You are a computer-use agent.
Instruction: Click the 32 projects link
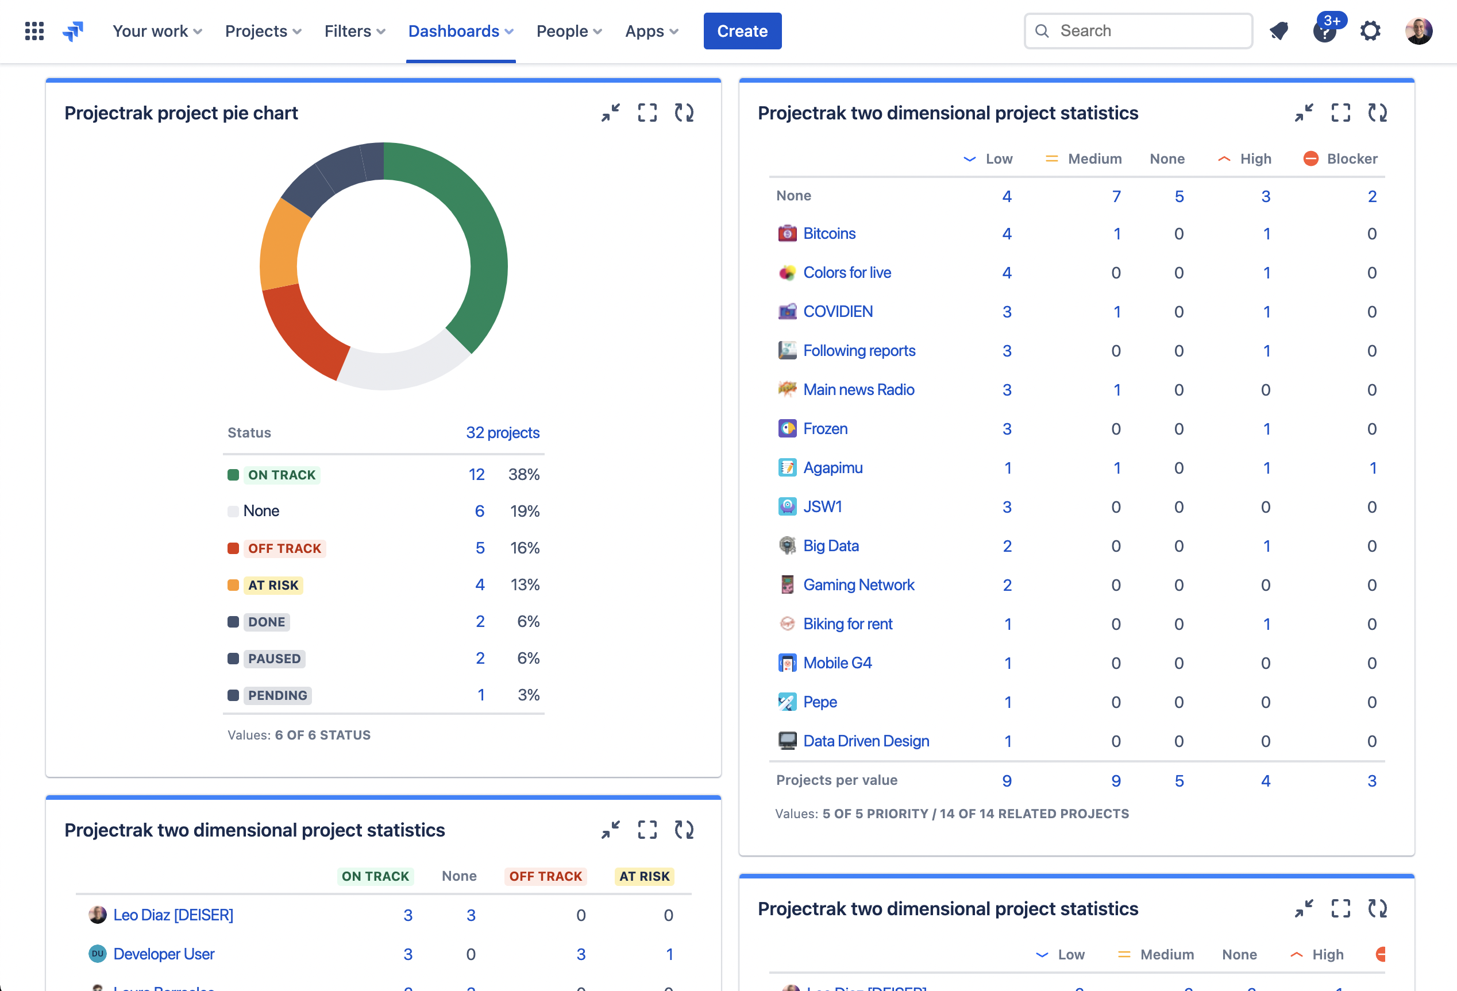pyautogui.click(x=502, y=433)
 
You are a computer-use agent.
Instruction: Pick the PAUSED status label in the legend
pyautogui.click(x=274, y=659)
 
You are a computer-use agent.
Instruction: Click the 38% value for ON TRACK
pyautogui.click(x=523, y=474)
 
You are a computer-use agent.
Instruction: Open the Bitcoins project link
pyautogui.click(x=829, y=234)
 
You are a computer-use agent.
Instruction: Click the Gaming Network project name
pyautogui.click(x=858, y=584)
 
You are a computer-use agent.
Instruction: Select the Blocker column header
pyautogui.click(x=1351, y=158)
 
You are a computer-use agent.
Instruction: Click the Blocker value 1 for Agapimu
pyautogui.click(x=1373, y=468)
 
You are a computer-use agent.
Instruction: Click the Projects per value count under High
pyautogui.click(x=1265, y=780)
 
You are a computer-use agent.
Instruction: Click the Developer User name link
pyautogui.click(x=164, y=954)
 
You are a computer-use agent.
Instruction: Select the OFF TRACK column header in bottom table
pyautogui.click(x=545, y=876)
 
